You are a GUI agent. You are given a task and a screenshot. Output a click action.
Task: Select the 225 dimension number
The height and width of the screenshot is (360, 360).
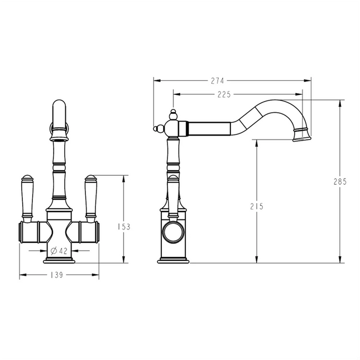click(x=224, y=94)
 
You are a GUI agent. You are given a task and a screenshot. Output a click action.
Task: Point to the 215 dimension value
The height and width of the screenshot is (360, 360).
click(x=256, y=206)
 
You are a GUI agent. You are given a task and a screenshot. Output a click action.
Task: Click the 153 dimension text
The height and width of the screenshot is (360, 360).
click(x=124, y=227)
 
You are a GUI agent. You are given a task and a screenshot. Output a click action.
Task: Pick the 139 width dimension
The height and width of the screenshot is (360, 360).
click(x=59, y=275)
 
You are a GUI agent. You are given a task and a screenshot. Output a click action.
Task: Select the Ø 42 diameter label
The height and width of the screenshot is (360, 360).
click(x=59, y=251)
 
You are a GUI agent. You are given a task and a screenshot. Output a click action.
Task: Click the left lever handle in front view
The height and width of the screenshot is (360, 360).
click(x=26, y=195)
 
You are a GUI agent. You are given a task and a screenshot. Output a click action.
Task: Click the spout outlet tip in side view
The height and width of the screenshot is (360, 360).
click(x=300, y=136)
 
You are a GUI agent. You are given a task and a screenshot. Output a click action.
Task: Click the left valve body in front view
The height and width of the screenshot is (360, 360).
click(x=31, y=230)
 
